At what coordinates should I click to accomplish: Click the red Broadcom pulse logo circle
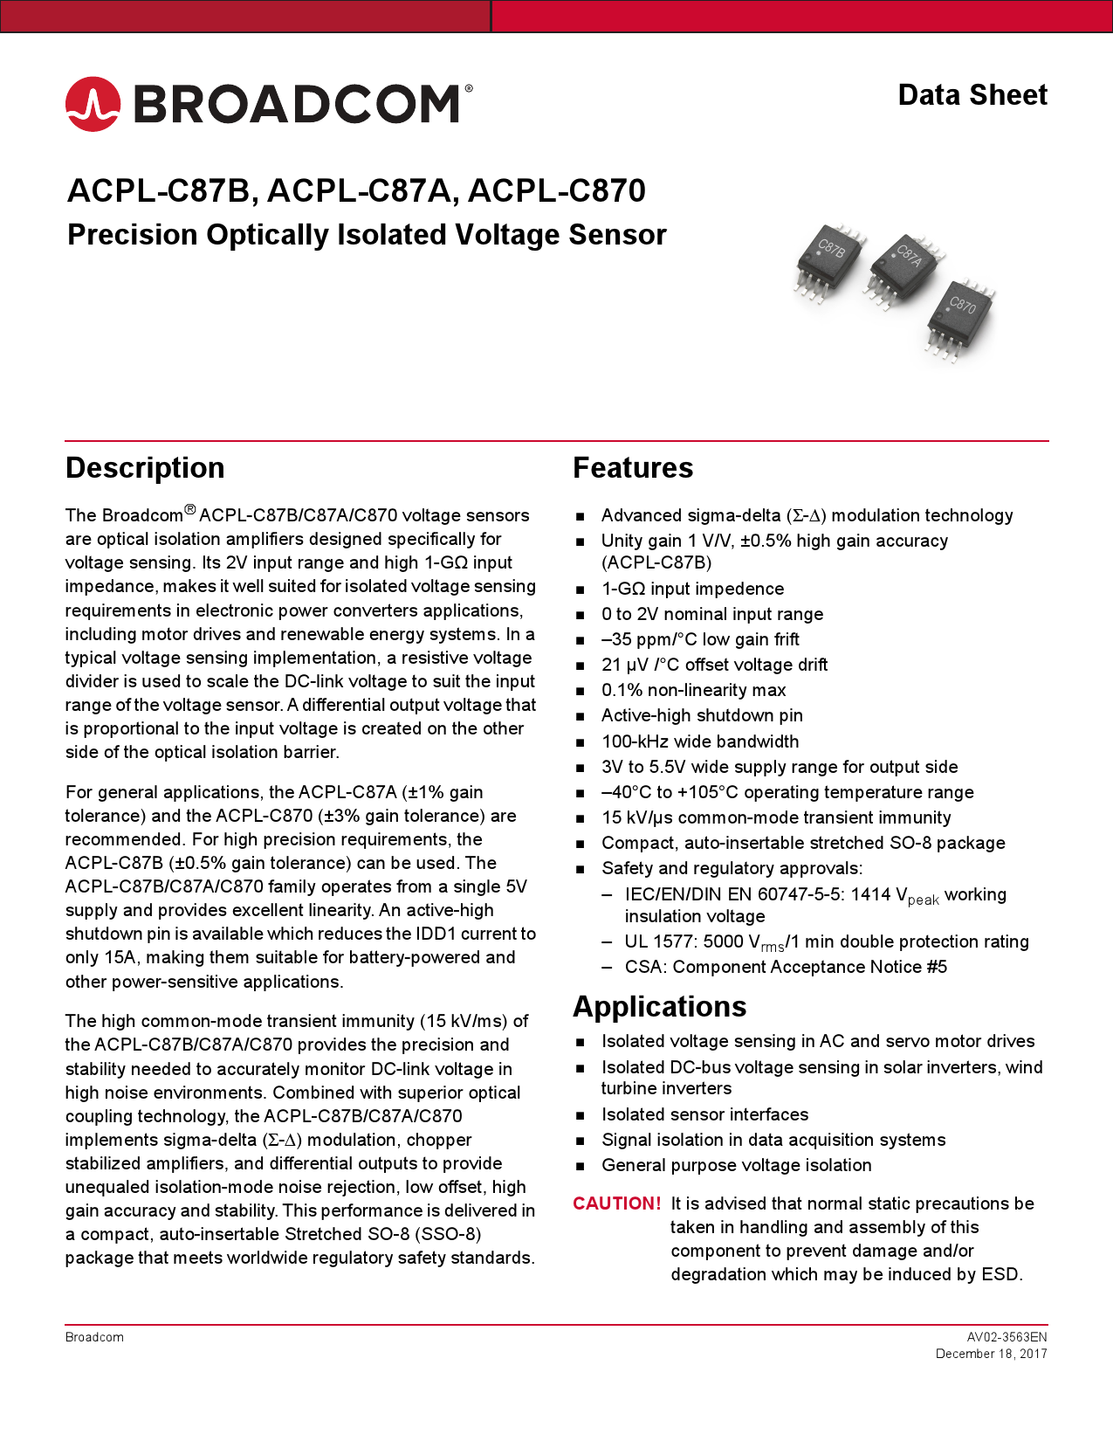[93, 104]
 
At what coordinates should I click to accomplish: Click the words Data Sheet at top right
[972, 95]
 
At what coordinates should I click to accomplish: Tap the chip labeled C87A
[904, 265]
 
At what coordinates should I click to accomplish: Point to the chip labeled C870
[960, 314]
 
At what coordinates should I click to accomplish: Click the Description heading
[145, 468]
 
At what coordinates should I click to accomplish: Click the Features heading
[633, 468]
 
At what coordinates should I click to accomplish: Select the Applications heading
[659, 1007]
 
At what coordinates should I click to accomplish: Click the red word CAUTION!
[616, 1203]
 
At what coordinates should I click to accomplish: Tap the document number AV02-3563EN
[1007, 1337]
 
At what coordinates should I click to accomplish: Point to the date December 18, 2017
[991, 1354]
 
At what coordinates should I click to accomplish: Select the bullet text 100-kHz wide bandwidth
[699, 741]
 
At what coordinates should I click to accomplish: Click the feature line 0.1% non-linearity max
[693, 691]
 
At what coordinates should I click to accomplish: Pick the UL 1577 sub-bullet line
[826, 942]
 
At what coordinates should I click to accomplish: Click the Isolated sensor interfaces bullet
[704, 1115]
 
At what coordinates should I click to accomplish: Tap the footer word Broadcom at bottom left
[94, 1337]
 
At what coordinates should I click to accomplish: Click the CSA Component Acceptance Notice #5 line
[785, 968]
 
